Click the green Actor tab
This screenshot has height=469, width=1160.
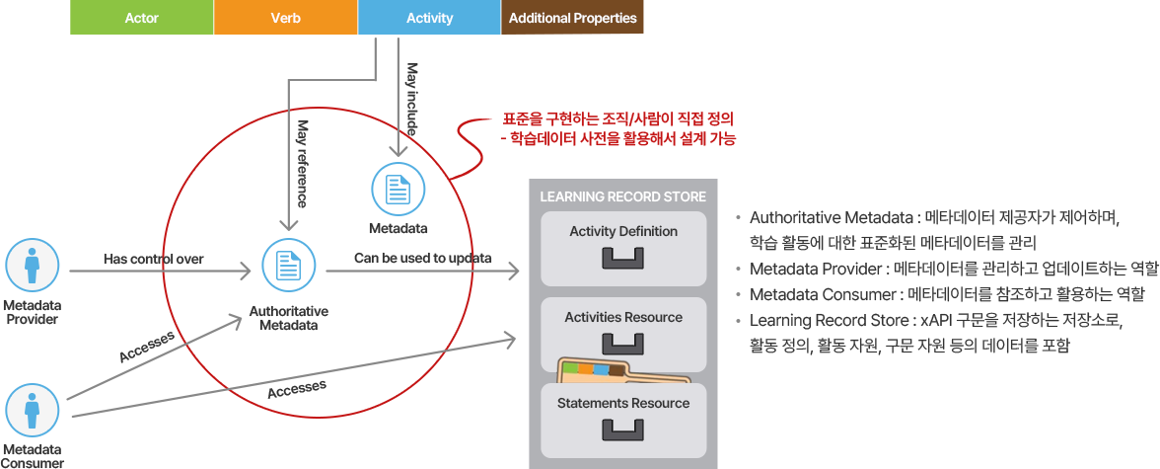coord(141,18)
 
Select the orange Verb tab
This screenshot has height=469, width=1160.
coord(286,18)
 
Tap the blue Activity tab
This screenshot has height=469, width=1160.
coord(429,18)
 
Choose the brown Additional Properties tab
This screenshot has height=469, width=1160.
coord(572,18)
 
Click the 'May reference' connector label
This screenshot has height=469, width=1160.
coord(303,163)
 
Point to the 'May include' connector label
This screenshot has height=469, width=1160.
coord(412,98)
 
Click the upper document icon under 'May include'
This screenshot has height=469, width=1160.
coord(398,188)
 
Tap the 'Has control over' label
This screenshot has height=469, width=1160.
coord(153,260)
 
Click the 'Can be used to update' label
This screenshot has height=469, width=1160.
coord(422,259)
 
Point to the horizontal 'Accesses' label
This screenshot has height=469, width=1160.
coord(297,389)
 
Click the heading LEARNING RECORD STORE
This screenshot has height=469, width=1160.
coord(622,196)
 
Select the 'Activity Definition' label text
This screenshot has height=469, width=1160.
coord(623,231)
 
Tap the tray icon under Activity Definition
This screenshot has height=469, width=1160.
coord(623,259)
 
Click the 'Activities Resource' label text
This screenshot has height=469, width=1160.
coord(623,317)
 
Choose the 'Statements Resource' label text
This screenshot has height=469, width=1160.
coord(623,403)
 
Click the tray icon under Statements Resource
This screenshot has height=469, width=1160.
coord(623,430)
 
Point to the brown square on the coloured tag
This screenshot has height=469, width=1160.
coord(616,371)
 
